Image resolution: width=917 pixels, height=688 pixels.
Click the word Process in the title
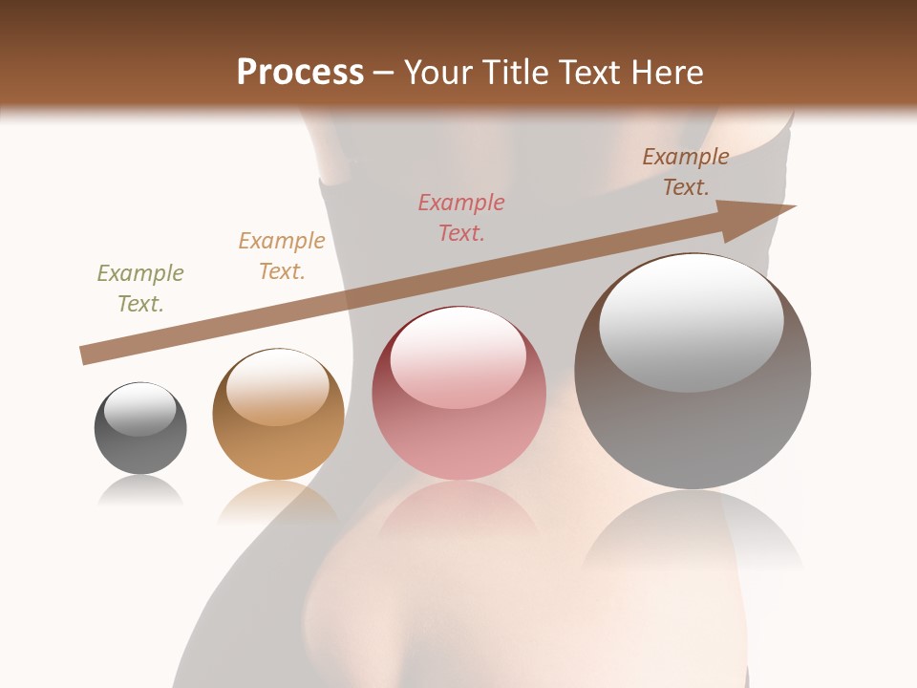[300, 73]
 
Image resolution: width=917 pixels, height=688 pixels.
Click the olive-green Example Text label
[140, 289]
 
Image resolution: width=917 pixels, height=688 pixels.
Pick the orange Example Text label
[282, 256]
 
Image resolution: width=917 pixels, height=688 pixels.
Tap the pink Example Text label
[461, 217]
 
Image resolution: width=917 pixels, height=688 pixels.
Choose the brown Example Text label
[686, 172]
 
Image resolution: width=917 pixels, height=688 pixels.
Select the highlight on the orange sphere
[277, 387]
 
